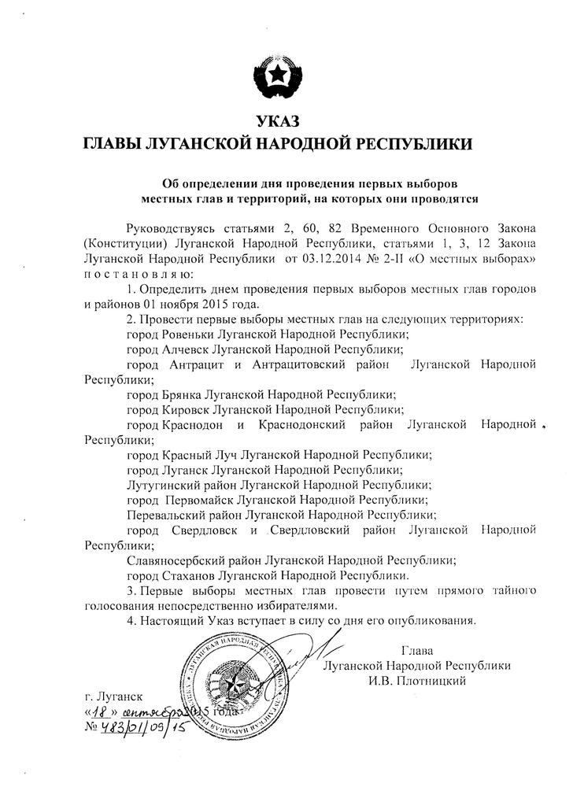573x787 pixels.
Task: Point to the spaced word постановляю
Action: pyautogui.click(x=135, y=273)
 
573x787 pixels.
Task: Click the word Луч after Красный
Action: pyautogui.click(x=224, y=455)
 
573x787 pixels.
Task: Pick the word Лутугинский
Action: pyautogui.click(x=163, y=485)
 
